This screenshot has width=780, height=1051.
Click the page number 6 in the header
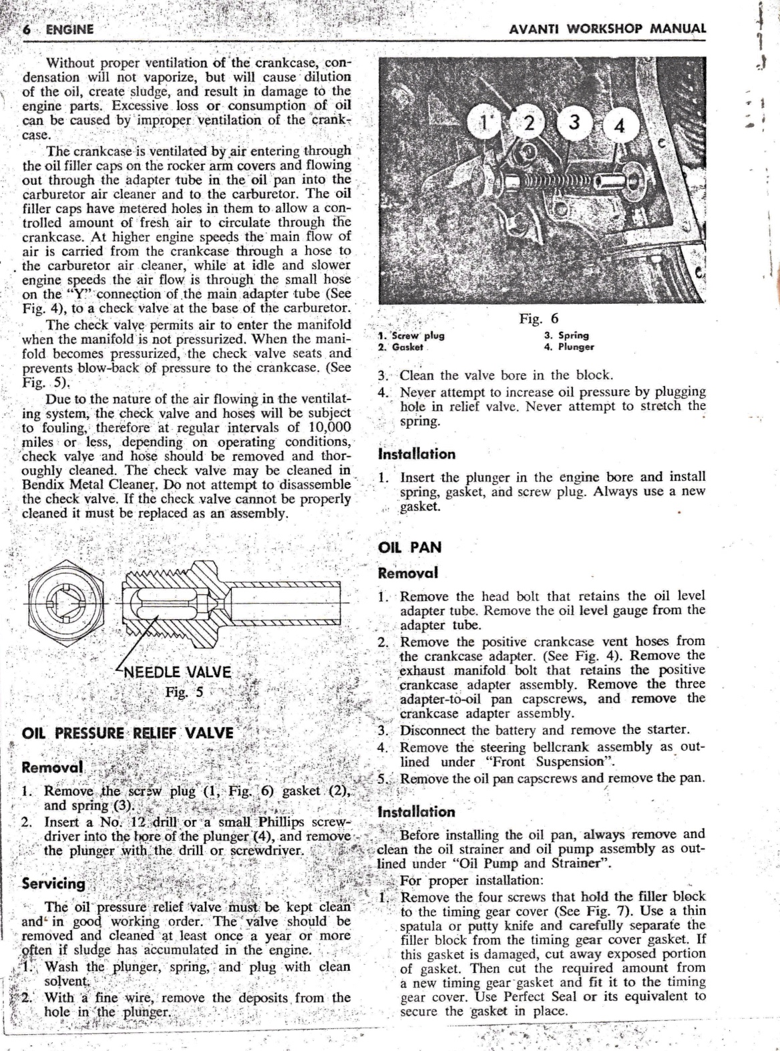point(27,29)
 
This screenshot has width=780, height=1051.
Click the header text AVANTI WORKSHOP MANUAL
point(607,29)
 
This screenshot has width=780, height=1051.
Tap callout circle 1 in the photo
point(484,123)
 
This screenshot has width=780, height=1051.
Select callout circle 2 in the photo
point(529,123)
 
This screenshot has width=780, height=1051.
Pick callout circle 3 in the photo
point(574,122)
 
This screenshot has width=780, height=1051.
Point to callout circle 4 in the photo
point(619,126)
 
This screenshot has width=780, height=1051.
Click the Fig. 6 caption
point(539,318)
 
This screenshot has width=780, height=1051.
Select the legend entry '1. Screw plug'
point(411,335)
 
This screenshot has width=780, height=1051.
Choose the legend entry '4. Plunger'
point(569,347)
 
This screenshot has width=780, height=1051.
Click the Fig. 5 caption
point(184,692)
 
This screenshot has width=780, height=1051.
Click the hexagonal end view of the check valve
point(66,603)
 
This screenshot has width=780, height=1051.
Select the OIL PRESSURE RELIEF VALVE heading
point(128,733)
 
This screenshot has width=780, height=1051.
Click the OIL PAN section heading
point(410,548)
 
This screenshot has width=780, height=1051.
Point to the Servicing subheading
point(53,883)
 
